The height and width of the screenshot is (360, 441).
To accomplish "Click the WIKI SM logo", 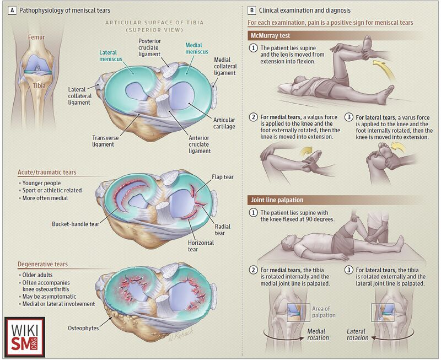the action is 24,337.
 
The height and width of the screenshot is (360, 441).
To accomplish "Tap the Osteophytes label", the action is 83,328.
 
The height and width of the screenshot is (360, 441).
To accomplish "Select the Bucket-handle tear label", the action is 76,224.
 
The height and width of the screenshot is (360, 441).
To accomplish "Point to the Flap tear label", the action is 223,177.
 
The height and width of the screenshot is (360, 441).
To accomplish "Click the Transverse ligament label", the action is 105,141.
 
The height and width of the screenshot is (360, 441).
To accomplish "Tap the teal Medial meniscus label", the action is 197,49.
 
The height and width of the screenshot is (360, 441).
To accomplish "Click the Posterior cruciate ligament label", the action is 149,47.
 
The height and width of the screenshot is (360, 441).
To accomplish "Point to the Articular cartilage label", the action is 224,123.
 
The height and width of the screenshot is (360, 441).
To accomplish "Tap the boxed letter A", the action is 12,10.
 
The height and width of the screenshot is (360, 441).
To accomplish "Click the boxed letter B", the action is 252,10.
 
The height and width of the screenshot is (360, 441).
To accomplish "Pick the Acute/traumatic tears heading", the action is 47,172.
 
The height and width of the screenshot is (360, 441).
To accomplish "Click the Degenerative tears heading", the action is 43,264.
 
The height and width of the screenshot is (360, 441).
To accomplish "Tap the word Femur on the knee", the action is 36,37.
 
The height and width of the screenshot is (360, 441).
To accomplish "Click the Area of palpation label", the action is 324,312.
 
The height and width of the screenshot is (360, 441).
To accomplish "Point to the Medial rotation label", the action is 318,335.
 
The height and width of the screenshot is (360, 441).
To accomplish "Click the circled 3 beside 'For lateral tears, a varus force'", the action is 349,117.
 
